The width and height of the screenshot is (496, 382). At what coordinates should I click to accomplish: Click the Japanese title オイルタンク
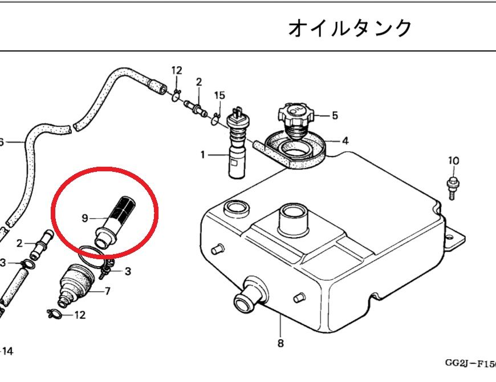point(349,27)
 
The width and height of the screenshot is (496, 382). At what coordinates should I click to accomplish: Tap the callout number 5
point(335,115)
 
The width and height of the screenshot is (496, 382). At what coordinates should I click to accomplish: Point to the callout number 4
point(345,140)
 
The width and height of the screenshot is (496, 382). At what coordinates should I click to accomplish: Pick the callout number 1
point(202,154)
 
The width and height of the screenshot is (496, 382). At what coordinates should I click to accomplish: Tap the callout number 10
point(453,161)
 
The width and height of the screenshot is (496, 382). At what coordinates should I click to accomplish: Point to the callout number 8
point(280,343)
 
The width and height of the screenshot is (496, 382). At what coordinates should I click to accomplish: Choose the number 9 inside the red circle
point(84,218)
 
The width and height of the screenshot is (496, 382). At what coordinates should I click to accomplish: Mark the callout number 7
point(107,291)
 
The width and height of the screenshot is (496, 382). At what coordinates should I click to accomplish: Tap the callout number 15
point(219,95)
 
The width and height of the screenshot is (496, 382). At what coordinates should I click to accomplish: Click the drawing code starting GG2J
point(470,363)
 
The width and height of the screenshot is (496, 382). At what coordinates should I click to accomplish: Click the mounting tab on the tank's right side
point(454,238)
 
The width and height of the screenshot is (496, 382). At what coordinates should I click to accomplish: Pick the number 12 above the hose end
point(177,71)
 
